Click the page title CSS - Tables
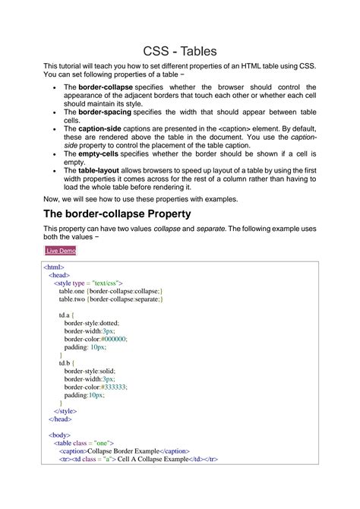point(180,51)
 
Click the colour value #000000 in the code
point(113,339)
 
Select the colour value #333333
point(113,387)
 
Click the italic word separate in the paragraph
point(206,229)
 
